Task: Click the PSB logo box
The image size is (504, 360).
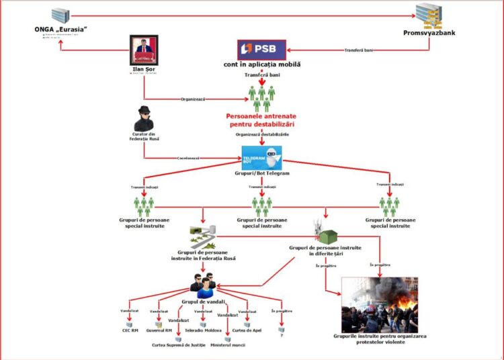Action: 262,50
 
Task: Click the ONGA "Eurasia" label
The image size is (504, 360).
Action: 61,30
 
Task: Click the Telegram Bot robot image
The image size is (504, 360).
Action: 261,158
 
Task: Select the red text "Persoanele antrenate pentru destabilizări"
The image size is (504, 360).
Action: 261,120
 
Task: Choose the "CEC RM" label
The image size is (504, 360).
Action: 131,330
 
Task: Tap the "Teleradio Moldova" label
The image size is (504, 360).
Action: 204,330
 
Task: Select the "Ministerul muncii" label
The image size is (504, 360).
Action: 227,345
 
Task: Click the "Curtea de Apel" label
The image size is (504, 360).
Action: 247,330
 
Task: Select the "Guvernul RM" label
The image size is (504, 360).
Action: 159,330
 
